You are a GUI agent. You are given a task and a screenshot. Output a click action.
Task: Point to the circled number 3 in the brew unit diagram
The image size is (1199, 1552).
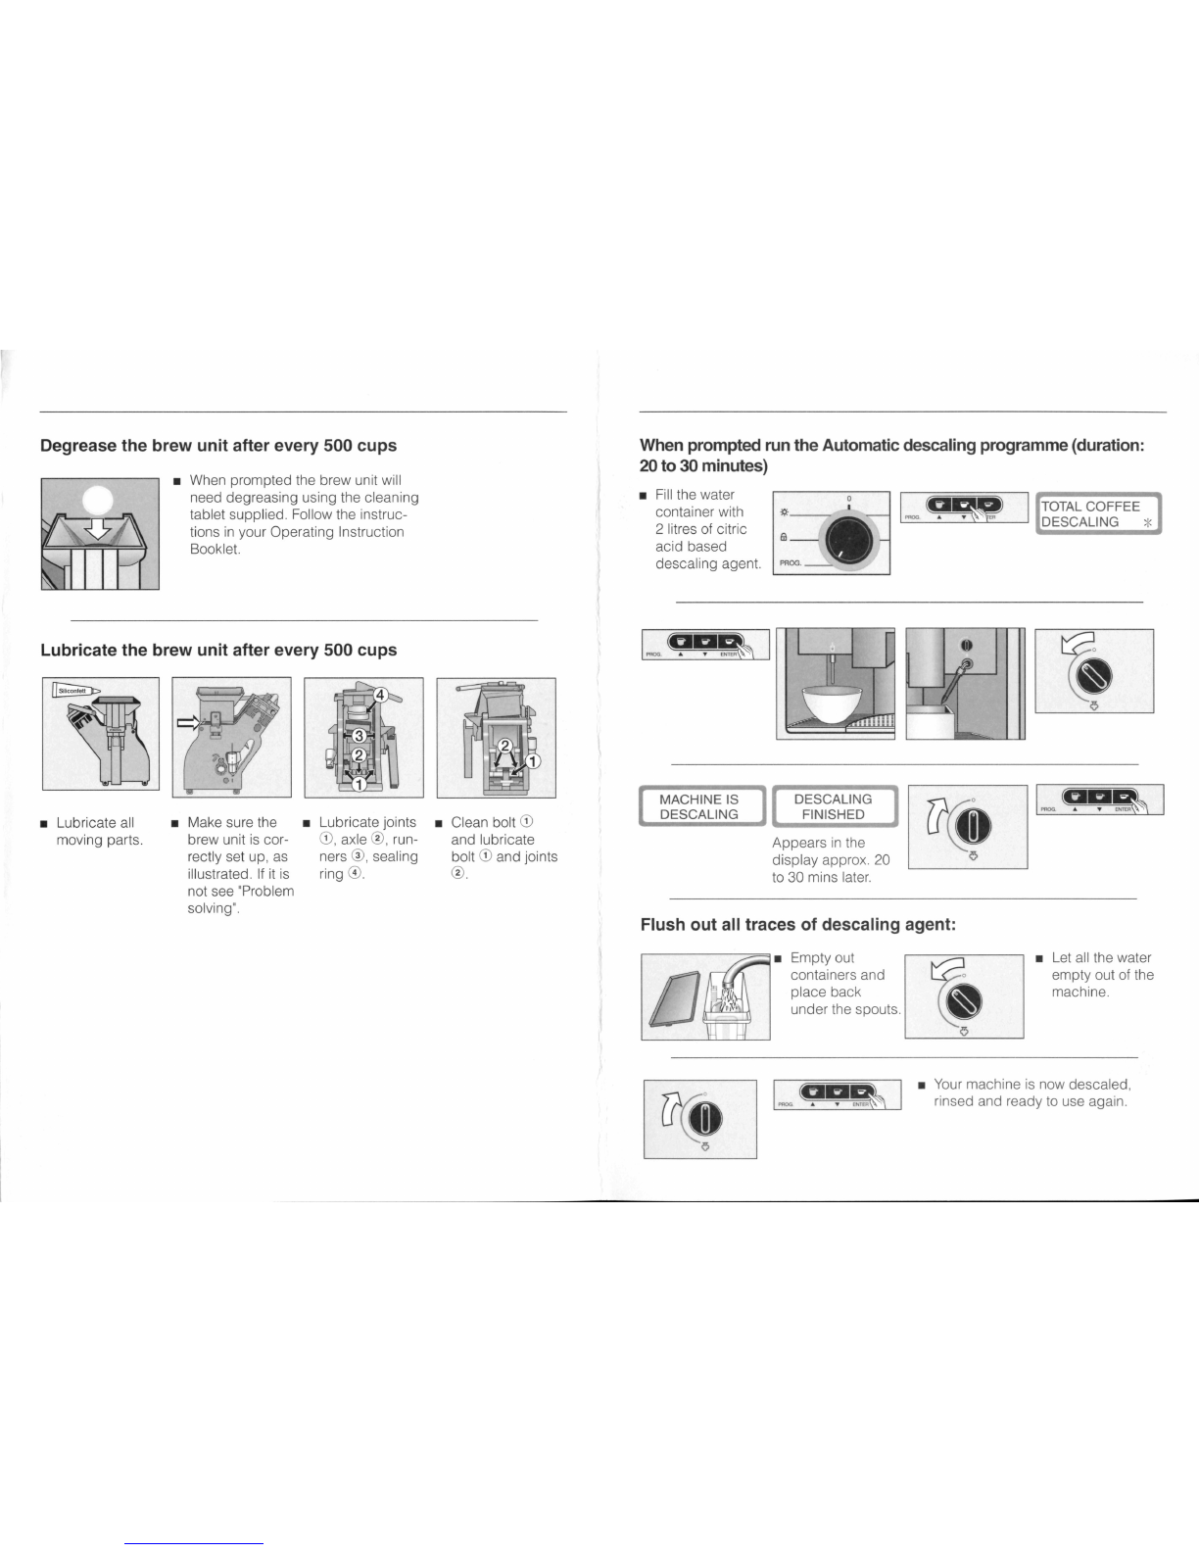click(360, 736)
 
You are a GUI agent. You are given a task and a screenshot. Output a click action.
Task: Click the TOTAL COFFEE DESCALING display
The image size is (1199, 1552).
click(1098, 513)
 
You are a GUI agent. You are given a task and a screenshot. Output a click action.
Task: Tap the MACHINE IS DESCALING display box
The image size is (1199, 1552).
click(699, 806)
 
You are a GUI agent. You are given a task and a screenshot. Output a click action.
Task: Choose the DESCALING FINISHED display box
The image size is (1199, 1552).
click(833, 806)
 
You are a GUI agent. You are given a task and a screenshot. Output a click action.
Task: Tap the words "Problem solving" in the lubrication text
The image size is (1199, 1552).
click(240, 899)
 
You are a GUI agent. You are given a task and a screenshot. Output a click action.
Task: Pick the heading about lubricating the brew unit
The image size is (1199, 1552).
click(218, 650)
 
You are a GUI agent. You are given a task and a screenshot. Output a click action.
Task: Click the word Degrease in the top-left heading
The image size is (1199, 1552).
click(77, 446)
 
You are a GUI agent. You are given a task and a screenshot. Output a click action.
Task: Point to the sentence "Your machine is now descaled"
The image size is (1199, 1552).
click(1032, 1085)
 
